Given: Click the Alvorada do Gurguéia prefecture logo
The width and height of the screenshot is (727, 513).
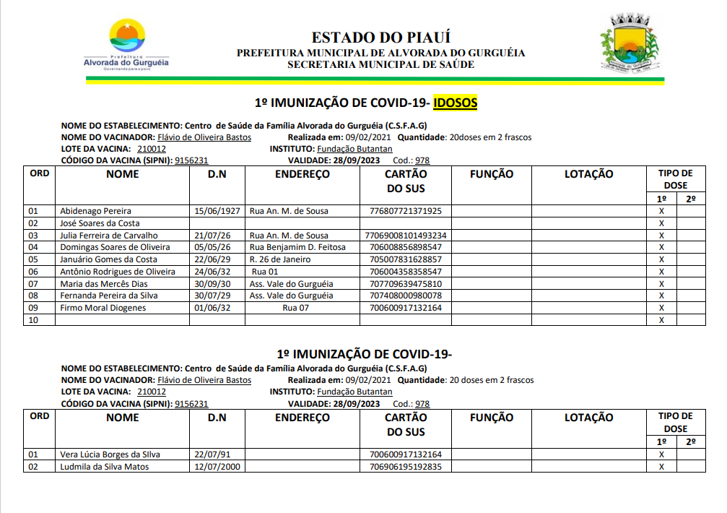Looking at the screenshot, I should (x=126, y=46).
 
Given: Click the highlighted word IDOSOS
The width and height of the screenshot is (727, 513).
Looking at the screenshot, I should (x=456, y=103).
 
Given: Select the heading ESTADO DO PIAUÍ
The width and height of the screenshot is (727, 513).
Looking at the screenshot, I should (x=380, y=38).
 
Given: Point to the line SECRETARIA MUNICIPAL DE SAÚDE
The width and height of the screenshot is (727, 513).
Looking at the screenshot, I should (x=380, y=64).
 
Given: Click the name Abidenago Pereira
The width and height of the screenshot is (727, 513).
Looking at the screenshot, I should (x=95, y=211).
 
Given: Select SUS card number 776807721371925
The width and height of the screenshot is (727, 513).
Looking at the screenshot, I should (x=405, y=211).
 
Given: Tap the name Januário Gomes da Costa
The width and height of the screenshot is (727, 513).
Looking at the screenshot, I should (x=108, y=259).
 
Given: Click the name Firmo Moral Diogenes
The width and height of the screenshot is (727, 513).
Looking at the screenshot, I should (x=103, y=308).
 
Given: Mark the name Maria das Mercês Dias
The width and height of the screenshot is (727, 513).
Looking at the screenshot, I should (x=103, y=284).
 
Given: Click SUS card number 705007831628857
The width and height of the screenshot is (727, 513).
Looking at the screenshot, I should (x=405, y=259).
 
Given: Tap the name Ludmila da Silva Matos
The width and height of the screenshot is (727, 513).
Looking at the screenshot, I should (x=105, y=467).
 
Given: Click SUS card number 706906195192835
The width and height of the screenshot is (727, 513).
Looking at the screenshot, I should (x=405, y=467).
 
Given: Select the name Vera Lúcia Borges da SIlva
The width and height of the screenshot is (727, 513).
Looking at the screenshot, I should (x=110, y=454).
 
